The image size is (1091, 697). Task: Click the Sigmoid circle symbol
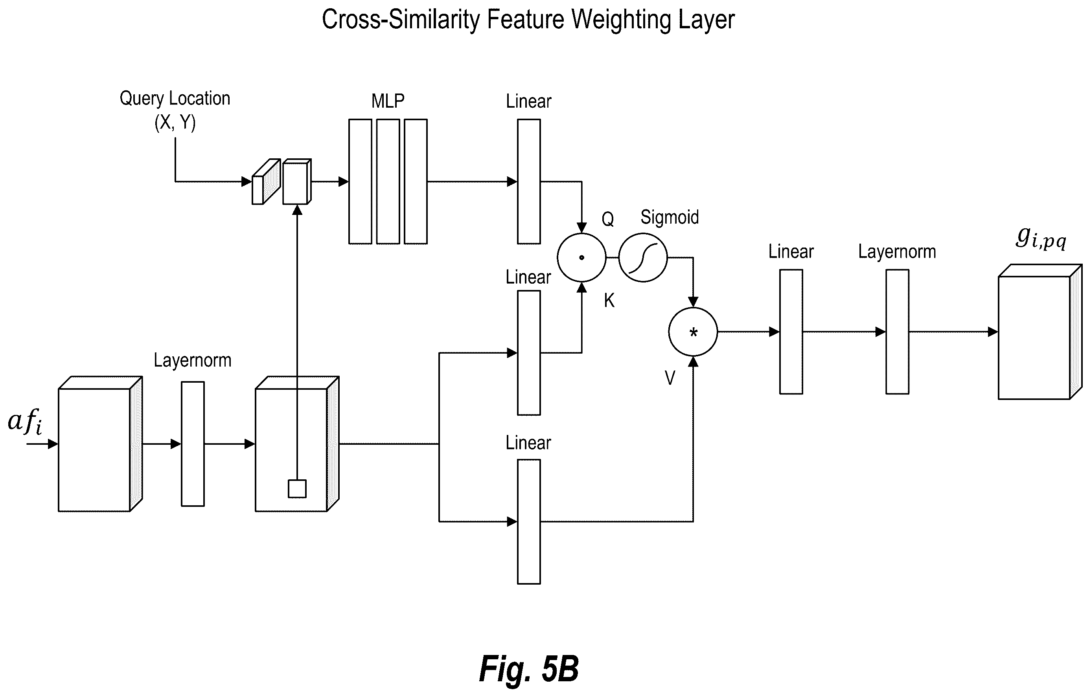[x=643, y=258]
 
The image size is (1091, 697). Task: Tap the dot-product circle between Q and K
[x=582, y=258]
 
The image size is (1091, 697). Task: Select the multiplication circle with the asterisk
[x=693, y=332]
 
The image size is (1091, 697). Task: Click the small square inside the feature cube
[x=297, y=489]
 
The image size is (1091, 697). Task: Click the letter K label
[x=609, y=300]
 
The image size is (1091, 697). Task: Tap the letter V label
[x=670, y=377]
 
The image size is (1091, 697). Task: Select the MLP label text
[x=388, y=101]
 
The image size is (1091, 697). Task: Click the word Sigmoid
[x=670, y=217]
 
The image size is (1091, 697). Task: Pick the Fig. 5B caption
[x=529, y=669]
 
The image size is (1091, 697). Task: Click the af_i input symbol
[x=26, y=422]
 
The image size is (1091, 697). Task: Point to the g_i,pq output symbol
[x=1041, y=238]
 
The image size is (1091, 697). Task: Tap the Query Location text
[x=175, y=98]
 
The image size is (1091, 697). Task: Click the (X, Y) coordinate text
[x=175, y=122]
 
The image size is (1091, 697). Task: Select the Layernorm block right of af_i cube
[x=193, y=444]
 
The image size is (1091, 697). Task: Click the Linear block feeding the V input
[x=529, y=522]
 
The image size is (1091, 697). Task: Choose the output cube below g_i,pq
[x=1040, y=332]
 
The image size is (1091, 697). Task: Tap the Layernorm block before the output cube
[x=897, y=332]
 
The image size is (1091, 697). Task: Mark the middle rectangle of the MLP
[x=388, y=182]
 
